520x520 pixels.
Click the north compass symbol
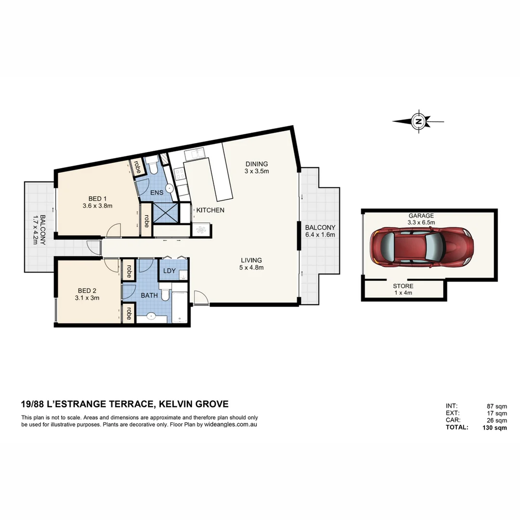[418, 122]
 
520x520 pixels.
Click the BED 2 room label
[87, 290]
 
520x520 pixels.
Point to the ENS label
[157, 193]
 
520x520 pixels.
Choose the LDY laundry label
[169, 271]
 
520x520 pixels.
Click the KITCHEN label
[210, 210]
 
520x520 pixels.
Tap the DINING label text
[256, 164]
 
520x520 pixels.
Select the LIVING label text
[251, 260]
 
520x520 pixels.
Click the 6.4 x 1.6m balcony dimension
[319, 235]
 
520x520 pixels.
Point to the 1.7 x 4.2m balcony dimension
[35, 229]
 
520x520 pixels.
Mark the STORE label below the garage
[403, 286]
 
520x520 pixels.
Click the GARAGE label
[421, 216]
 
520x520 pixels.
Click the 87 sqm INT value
[497, 406]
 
